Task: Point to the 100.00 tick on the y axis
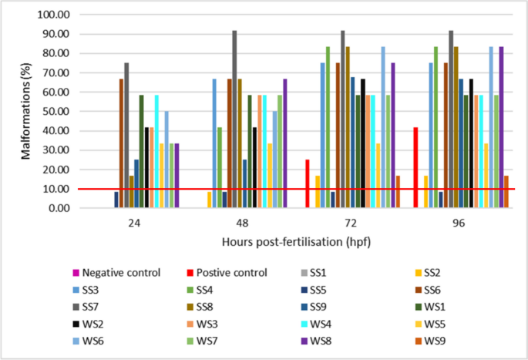tap(52, 15)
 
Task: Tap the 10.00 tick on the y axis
tap(55, 189)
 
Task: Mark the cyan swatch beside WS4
tap(300, 325)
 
